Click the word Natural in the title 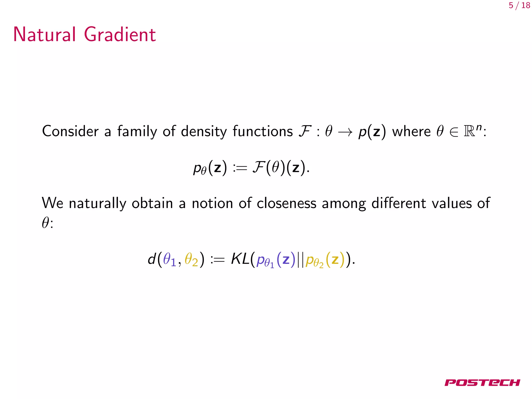(x=44, y=34)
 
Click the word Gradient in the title (x=120, y=34)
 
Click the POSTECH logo (x=482, y=383)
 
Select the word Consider (x=70, y=131)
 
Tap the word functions (x=263, y=131)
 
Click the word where (x=411, y=131)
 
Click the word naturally (x=97, y=203)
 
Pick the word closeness (x=286, y=203)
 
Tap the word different (x=398, y=203)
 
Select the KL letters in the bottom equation (x=240, y=259)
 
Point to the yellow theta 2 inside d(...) (x=191, y=260)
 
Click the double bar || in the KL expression (x=301, y=260)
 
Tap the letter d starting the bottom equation (x=152, y=259)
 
